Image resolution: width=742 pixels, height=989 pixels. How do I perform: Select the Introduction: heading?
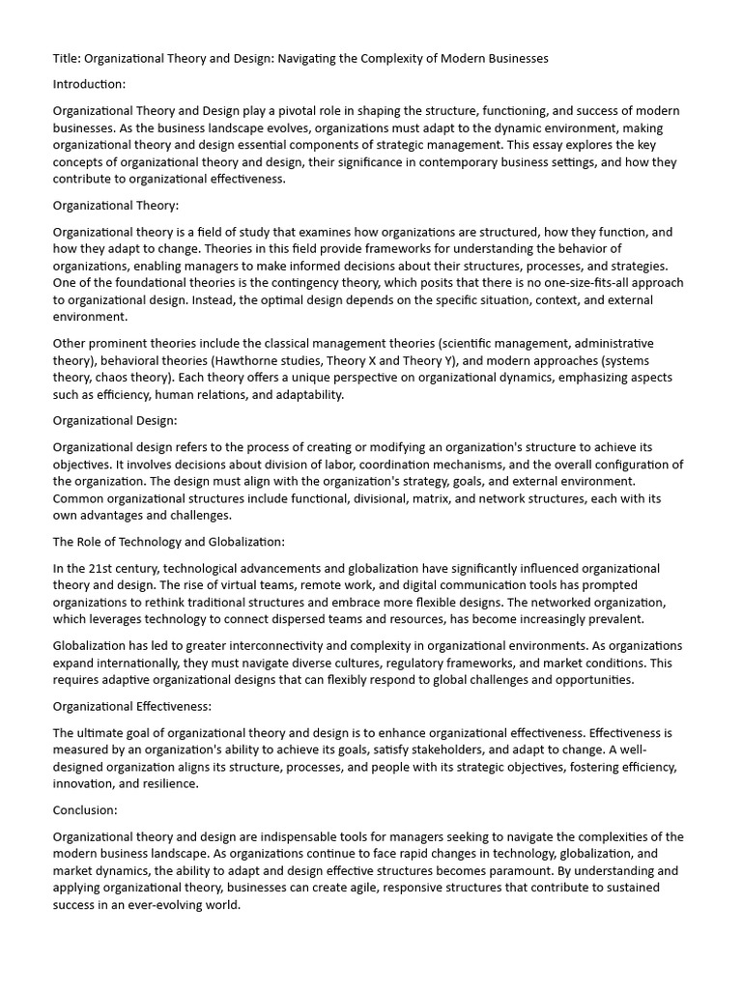[89, 85]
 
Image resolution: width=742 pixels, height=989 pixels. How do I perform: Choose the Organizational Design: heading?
[115, 420]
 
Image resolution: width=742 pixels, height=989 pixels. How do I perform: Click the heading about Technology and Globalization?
[169, 542]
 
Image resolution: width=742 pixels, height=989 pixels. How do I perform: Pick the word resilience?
[169, 783]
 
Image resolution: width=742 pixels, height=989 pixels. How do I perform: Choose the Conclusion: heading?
[85, 810]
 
